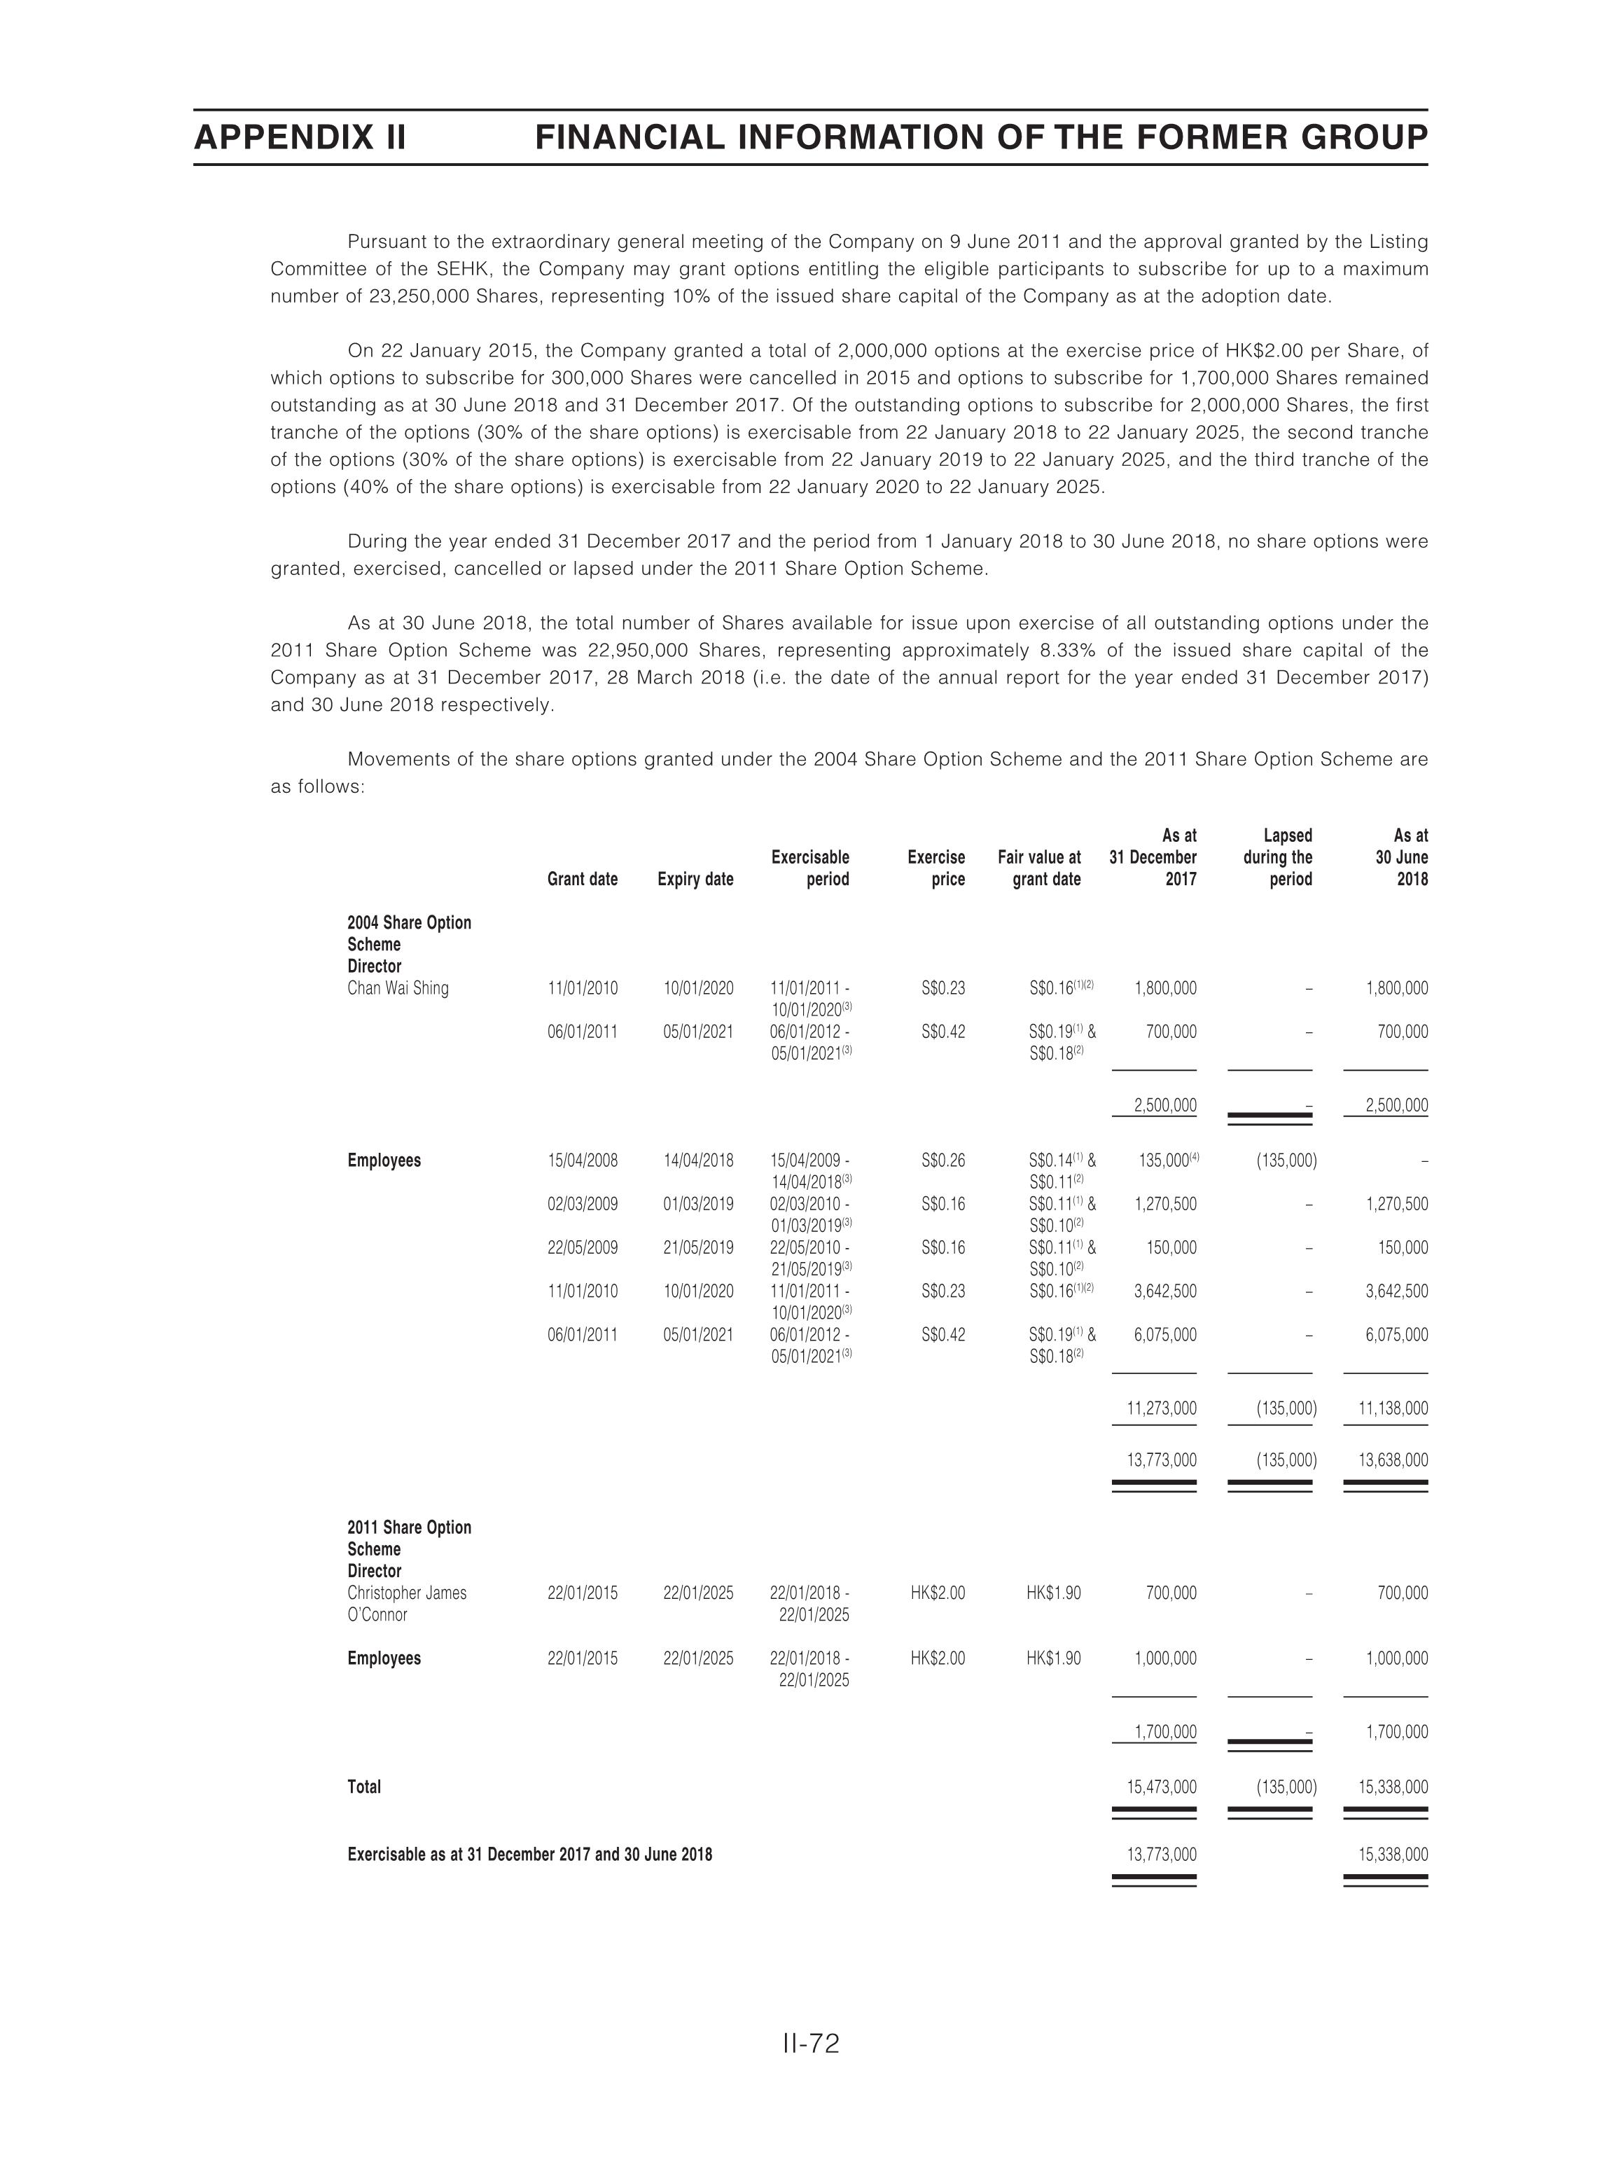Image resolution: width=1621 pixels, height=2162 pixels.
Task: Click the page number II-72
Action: tap(810, 2044)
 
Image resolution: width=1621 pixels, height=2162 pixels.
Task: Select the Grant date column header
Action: tap(583, 879)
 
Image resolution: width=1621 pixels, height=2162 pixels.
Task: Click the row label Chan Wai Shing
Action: tap(398, 988)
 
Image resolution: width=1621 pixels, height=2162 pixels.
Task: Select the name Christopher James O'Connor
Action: tap(406, 1604)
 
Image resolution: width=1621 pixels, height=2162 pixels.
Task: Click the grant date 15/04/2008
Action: tap(583, 1161)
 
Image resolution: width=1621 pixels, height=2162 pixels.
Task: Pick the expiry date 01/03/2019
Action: tap(697, 1204)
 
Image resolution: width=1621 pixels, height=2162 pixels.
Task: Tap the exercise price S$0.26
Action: tap(943, 1161)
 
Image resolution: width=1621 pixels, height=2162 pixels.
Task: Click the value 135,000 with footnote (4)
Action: tap(1167, 1161)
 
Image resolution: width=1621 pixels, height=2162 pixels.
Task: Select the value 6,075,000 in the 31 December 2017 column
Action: tap(1164, 1335)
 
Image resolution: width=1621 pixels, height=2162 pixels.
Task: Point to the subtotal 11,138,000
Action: tap(1392, 1409)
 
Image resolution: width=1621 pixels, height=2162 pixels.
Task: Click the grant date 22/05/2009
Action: tap(583, 1248)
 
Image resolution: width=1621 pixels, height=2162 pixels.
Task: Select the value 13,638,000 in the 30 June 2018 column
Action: tap(1392, 1461)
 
